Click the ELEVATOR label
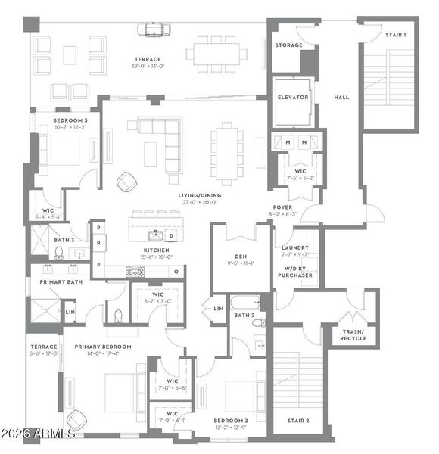click(291, 98)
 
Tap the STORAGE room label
click(288, 45)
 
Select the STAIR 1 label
click(395, 35)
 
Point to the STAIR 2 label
click(298, 420)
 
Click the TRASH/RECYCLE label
click(353, 334)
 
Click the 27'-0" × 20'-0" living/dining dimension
click(198, 202)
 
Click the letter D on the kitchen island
click(171, 235)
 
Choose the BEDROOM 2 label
click(230, 420)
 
